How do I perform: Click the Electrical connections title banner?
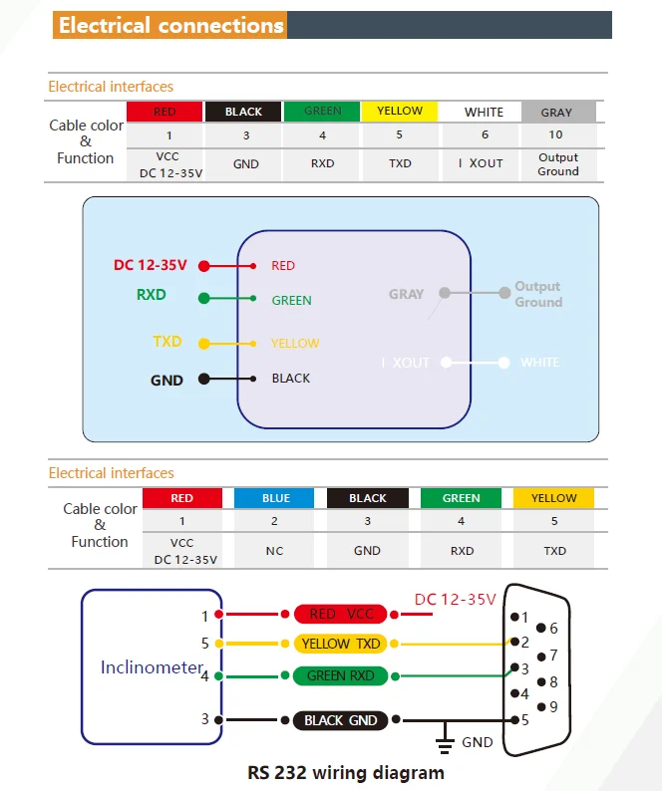point(170,25)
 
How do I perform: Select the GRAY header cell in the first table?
point(556,112)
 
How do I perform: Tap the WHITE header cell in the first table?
point(484,112)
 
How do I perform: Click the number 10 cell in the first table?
point(556,135)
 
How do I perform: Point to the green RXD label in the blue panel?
point(152,295)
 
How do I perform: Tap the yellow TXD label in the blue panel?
point(167,342)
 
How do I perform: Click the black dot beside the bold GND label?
point(204,379)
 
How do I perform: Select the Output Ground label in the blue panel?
point(537,294)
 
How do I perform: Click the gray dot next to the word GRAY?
point(445,294)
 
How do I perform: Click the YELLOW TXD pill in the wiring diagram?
point(341,645)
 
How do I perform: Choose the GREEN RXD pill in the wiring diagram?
point(341,675)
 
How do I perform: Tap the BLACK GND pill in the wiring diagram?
point(341,720)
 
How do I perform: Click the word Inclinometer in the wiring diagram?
point(152,667)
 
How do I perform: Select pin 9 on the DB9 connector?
point(541,707)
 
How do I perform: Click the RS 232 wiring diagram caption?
point(346,772)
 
